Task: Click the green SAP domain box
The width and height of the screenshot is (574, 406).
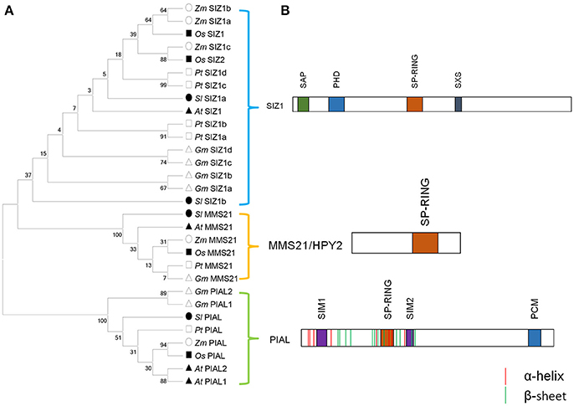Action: [303, 105]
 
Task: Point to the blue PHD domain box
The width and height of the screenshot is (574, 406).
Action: [336, 105]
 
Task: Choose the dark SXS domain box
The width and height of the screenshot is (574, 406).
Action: [458, 105]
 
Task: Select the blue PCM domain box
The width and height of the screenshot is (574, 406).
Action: [534, 337]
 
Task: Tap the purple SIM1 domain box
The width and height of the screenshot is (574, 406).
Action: [321, 337]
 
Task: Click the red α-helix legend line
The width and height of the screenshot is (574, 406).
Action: [505, 373]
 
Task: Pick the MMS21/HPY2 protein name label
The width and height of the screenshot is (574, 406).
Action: [308, 244]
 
